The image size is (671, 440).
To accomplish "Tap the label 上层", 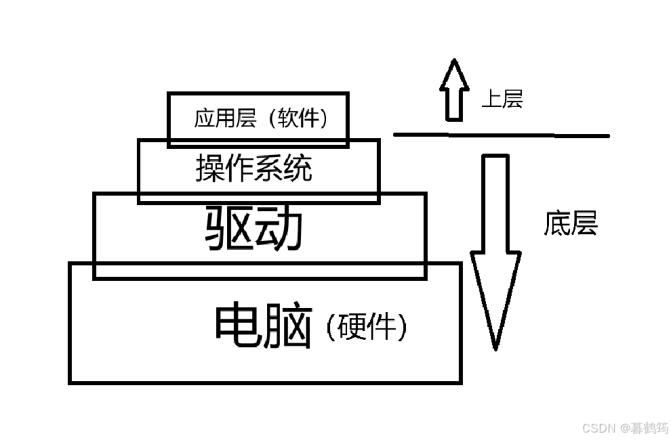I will (x=502, y=100).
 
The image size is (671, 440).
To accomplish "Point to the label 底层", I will (x=570, y=223).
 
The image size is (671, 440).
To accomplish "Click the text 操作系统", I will (x=254, y=168).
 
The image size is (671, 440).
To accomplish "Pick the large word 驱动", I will (x=253, y=228).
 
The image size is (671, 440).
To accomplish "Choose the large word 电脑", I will (x=263, y=326).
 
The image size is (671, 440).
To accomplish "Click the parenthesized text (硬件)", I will (x=366, y=328).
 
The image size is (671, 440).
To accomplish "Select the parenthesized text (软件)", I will (x=298, y=118).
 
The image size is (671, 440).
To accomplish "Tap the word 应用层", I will (x=223, y=118).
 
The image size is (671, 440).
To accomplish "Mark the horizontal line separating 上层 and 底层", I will (x=502, y=135).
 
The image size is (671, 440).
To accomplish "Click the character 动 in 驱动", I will (x=278, y=228).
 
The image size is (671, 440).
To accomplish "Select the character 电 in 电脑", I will (x=238, y=326).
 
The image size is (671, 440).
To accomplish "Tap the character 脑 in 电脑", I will (x=288, y=326).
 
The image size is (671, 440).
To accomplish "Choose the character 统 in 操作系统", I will (x=298, y=168).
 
